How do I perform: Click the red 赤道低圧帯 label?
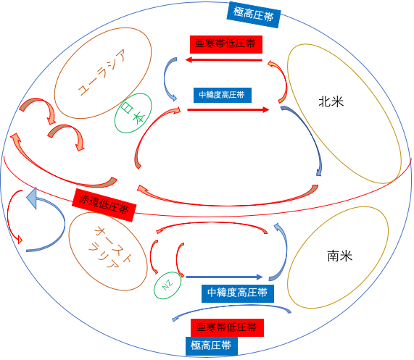104,205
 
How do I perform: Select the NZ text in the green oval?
167,285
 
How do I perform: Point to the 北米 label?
331,102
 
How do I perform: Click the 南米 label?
340,256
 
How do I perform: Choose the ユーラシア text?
101,72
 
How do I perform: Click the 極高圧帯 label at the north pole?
254,14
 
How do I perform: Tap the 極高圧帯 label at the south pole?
212,346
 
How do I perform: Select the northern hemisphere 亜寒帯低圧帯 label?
226,44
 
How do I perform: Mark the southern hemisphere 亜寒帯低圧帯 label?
227,327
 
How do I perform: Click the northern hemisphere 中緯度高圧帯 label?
223,95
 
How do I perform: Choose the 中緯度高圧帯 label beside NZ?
238,293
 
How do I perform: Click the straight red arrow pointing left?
224,60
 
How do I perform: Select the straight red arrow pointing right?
228,109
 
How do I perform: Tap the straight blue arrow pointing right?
224,277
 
